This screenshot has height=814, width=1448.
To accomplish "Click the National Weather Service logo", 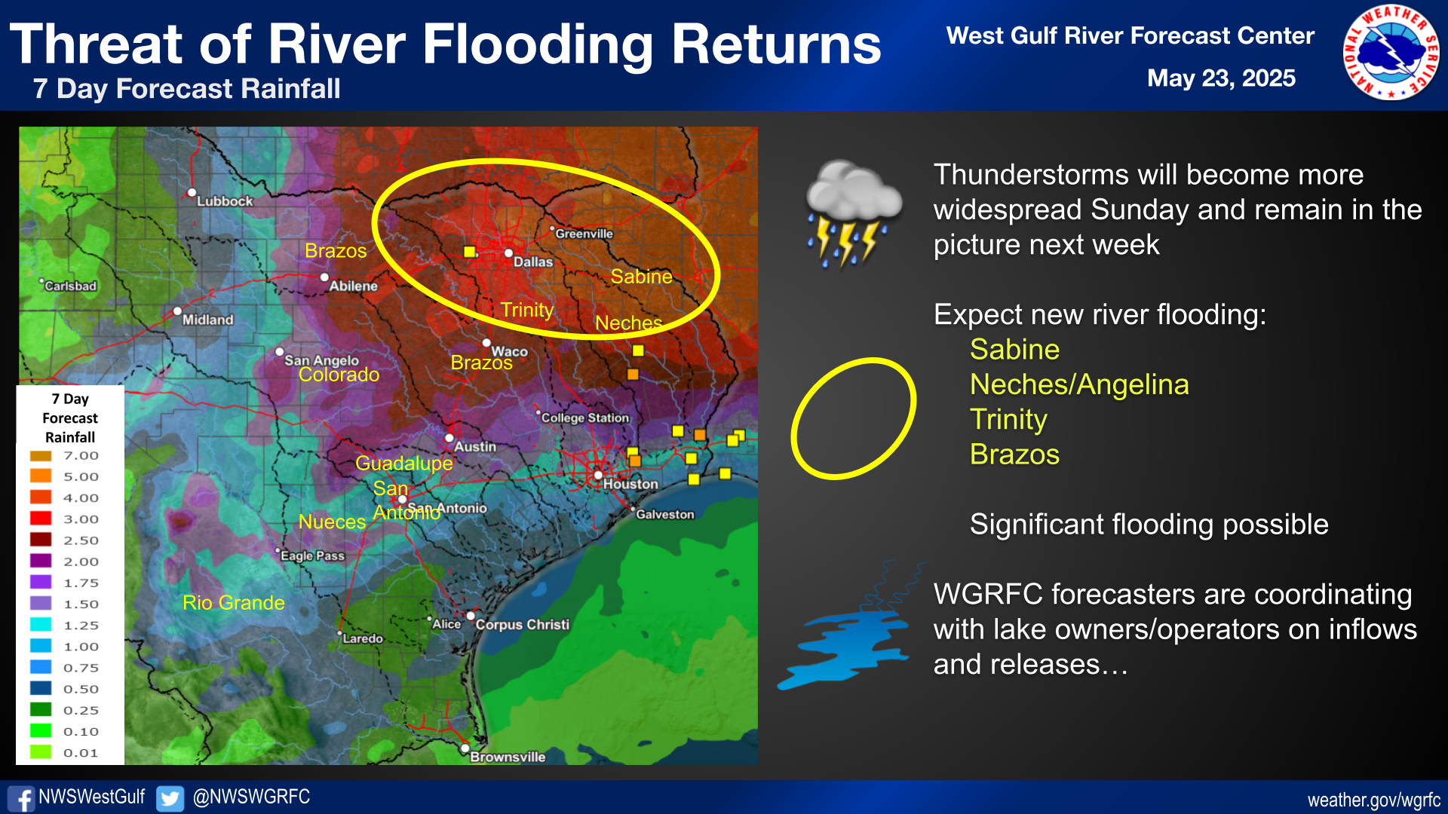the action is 1391,53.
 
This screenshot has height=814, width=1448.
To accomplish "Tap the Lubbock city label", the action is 225,201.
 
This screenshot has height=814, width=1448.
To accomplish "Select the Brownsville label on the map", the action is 508,757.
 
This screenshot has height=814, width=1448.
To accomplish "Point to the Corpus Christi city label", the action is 522,624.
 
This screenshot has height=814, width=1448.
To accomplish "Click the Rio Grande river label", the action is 234,602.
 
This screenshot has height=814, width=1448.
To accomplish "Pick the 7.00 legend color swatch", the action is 41,456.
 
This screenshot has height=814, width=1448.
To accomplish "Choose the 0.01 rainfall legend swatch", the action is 41,752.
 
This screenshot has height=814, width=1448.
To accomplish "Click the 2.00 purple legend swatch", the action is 41,562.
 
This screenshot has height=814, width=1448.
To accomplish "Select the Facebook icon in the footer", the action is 21,798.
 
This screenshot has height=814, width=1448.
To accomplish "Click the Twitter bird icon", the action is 170,798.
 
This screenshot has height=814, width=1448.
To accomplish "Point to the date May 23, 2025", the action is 1221,78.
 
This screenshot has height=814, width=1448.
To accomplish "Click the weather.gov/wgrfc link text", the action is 1373,800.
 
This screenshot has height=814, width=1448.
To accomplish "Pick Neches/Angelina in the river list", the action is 1079,384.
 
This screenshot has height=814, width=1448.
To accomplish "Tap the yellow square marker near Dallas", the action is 470,252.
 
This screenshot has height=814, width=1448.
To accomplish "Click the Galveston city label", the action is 664,514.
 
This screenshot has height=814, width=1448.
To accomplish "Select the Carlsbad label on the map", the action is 70,286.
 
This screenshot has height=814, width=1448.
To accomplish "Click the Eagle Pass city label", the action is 312,555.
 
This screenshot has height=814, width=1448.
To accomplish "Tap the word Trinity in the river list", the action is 1008,420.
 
